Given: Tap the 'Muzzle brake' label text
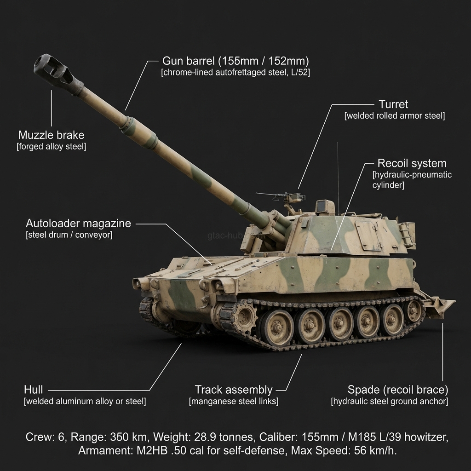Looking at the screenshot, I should (x=51, y=135).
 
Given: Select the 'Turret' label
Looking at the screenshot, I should (x=393, y=104).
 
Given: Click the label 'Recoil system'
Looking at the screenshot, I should (x=412, y=163).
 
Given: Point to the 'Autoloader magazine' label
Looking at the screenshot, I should (x=78, y=224).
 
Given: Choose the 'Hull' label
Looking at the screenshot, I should (x=34, y=390).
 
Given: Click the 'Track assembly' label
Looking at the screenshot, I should (x=233, y=390).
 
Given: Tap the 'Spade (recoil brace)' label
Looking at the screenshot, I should (x=397, y=390).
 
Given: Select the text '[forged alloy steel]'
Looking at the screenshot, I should (x=51, y=147).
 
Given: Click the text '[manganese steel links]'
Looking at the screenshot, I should (x=233, y=402).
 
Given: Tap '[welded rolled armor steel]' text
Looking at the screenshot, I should (x=394, y=116).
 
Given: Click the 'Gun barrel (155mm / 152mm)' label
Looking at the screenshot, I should (x=235, y=61).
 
